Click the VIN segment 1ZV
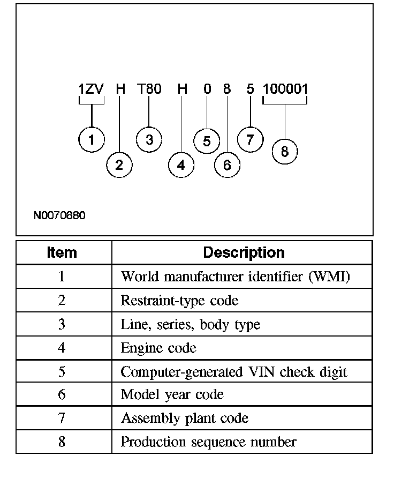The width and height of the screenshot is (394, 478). click(91, 89)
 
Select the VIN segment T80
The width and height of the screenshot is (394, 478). click(149, 89)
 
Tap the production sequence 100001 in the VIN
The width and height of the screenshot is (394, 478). click(285, 89)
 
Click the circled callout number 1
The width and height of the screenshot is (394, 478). click(92, 140)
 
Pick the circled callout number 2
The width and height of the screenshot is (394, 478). click(119, 165)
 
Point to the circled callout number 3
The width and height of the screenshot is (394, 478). click(149, 140)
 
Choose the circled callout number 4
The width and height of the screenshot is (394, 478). click(181, 165)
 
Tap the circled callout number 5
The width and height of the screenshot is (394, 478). click(207, 141)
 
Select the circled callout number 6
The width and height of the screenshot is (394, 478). click(227, 165)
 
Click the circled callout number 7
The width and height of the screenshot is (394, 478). click(250, 140)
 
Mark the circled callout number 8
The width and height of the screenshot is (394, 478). click(284, 152)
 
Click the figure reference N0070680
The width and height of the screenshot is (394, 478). click(59, 215)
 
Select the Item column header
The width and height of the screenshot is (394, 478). click(62, 252)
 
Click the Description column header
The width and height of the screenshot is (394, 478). click(244, 252)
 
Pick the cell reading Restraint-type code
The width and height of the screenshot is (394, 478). click(179, 301)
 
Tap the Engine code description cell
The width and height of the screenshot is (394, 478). click(158, 348)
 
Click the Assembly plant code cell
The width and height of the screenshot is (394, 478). click(185, 418)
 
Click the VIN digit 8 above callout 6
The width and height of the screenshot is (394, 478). click(227, 89)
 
